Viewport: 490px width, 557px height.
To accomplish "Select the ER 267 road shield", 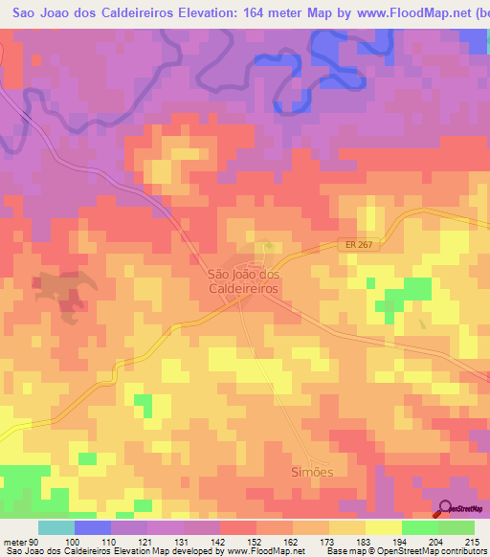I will point(355,246).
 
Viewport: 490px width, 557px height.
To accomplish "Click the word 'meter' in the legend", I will point(14,541).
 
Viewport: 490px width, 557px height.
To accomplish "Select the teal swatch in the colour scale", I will point(56,527).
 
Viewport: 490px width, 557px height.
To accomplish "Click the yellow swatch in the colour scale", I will point(384,527).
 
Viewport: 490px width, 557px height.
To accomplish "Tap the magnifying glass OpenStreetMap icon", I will point(446,510).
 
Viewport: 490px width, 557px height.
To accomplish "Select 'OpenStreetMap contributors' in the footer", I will point(435,552).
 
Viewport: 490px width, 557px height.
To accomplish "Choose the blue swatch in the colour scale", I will point(93,527).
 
